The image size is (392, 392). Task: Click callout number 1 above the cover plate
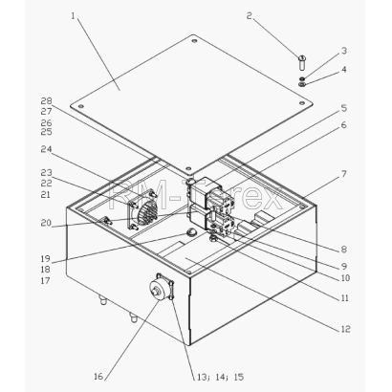(x=74, y=16)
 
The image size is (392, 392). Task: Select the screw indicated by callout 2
(x=302, y=63)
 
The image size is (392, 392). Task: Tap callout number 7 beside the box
(x=343, y=174)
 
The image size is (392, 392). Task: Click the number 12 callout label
(x=345, y=329)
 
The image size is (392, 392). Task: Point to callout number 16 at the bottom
(x=98, y=377)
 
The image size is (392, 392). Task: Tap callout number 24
(x=46, y=149)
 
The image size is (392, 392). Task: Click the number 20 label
(x=46, y=223)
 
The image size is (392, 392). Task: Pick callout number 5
(x=344, y=108)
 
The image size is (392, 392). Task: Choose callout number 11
(x=345, y=298)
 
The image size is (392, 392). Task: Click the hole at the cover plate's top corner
(x=194, y=41)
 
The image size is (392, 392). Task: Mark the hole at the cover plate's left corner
(x=81, y=106)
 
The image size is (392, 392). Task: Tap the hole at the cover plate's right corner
(x=301, y=102)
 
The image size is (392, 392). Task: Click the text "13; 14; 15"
(x=220, y=377)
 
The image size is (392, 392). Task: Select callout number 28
(x=46, y=100)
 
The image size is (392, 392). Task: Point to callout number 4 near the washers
(x=344, y=69)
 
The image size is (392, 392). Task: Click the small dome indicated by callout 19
(x=191, y=231)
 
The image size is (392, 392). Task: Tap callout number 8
(x=343, y=250)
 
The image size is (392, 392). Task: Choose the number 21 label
(x=46, y=194)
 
